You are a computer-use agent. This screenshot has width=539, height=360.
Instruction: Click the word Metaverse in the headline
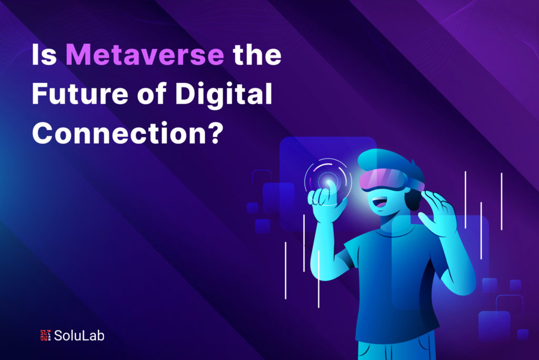click(145, 55)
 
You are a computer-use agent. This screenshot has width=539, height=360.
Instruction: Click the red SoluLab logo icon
click(45, 335)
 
